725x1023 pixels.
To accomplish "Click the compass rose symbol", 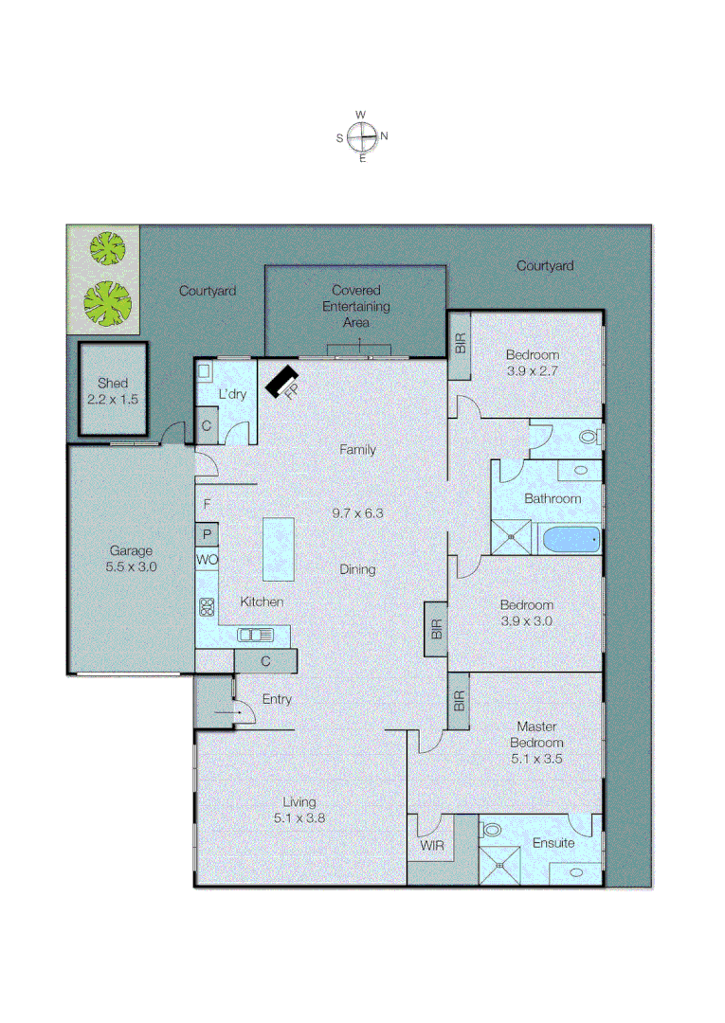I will point(361,137).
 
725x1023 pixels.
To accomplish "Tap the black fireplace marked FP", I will point(282,381).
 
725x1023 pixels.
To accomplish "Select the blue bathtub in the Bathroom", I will point(571,540).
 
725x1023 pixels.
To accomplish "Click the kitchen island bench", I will point(279,548).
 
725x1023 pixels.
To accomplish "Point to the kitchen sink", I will point(255,635).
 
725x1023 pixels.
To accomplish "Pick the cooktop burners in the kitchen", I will point(207,606).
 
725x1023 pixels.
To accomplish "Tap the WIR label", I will point(431,845).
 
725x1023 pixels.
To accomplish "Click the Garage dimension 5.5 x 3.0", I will point(132,566).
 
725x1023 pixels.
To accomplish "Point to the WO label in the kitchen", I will point(207,560).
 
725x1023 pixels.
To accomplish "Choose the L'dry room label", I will point(233,394).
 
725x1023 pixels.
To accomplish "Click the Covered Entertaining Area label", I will point(355,306).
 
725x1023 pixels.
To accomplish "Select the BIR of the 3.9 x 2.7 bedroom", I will point(461,344).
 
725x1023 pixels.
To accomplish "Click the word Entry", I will point(277,700).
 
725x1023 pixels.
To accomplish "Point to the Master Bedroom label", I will point(537,735).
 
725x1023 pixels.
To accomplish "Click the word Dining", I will point(357,569).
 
